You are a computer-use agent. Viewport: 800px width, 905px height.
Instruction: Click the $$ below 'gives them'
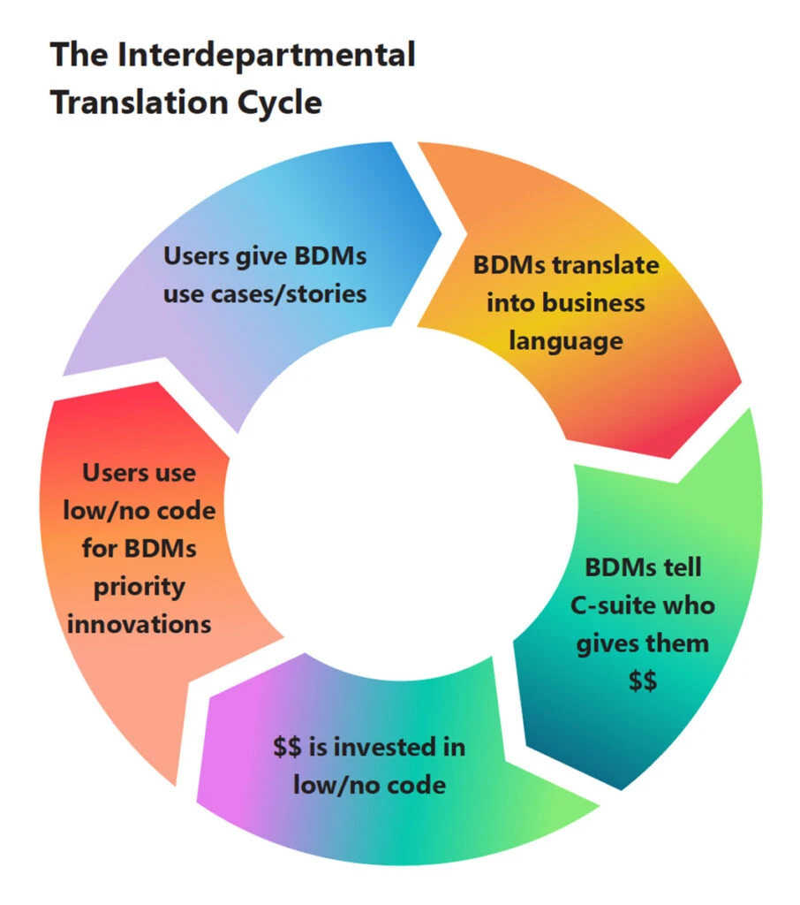(x=642, y=681)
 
